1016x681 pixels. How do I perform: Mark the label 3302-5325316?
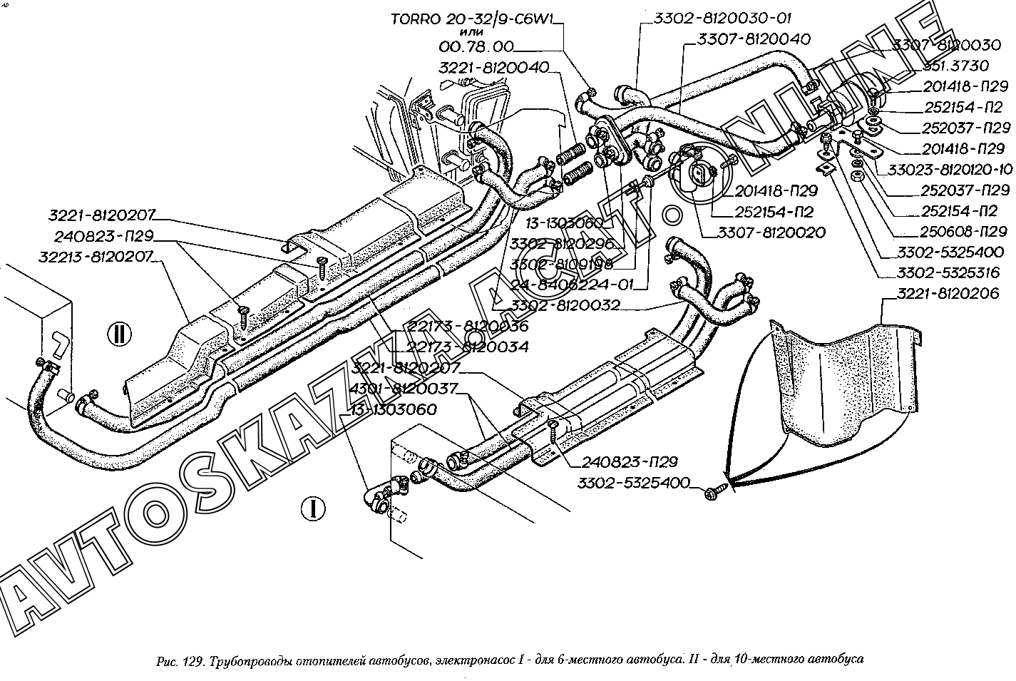949,273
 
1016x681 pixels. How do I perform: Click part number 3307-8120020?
771,232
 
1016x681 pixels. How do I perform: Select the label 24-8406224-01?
571,285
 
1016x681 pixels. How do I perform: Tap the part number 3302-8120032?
564,306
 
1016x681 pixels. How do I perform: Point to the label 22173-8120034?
467,347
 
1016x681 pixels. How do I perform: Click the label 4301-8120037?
404,389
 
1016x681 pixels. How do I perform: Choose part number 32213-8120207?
101,257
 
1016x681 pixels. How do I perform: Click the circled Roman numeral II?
118,333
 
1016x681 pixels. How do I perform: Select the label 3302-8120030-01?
723,19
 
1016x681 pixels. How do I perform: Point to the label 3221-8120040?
493,68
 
